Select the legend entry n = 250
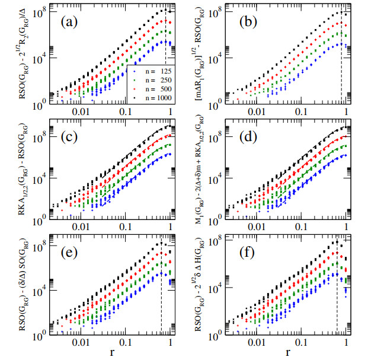tap(152, 78)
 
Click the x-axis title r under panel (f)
tap(288, 352)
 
